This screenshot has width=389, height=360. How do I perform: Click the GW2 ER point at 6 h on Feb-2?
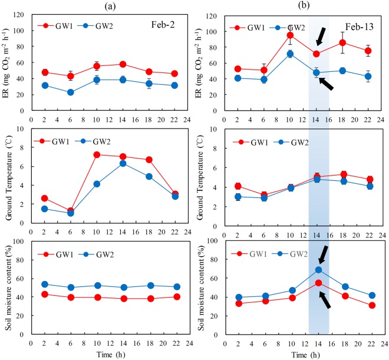54,92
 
